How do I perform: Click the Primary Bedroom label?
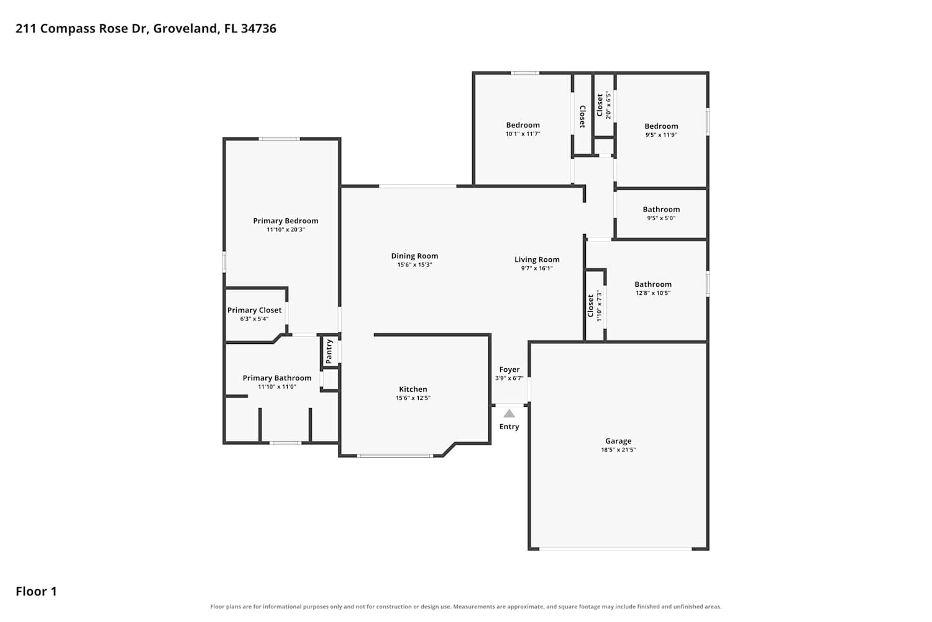[x=285, y=221]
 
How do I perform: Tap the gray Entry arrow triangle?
[x=509, y=414]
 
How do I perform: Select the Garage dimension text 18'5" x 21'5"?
[x=618, y=450]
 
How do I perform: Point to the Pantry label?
[x=329, y=351]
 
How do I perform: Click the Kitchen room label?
[x=413, y=389]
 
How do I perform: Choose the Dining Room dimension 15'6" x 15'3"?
[x=414, y=264]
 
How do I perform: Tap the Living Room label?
[x=537, y=259]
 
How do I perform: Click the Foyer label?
[x=509, y=369]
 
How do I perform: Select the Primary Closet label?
[x=254, y=310]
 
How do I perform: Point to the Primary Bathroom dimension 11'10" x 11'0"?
[x=276, y=387]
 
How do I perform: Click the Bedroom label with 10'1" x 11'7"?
[x=523, y=125]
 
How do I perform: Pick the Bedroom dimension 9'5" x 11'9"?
[x=661, y=135]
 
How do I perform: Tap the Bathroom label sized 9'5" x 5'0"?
[x=661, y=210]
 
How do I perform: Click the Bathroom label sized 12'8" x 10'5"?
[x=653, y=284]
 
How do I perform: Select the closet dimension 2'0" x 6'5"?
[x=609, y=105]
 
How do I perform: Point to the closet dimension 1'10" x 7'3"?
[x=599, y=305]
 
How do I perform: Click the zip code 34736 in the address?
[x=258, y=29]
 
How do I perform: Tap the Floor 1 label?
[x=36, y=592]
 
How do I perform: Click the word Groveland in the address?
[x=186, y=29]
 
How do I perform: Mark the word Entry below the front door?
[x=509, y=427]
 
